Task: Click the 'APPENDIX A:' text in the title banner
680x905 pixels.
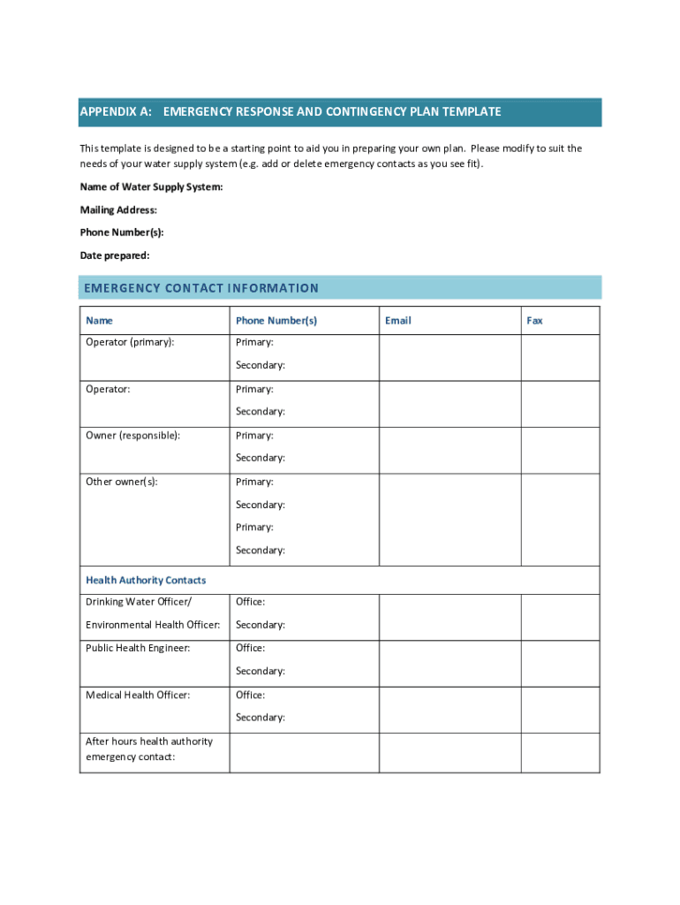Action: (116, 112)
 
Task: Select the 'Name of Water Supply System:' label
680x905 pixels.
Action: (151, 187)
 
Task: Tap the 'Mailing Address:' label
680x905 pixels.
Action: (118, 210)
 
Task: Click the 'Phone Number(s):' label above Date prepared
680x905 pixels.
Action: (122, 232)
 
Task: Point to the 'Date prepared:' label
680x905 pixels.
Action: (115, 255)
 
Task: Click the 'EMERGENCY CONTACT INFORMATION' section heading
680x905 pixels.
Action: (201, 288)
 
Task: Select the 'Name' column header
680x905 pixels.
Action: (99, 321)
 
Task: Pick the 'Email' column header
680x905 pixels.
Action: (398, 321)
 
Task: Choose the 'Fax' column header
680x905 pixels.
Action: (534, 321)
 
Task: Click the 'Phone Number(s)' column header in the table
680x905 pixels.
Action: (276, 321)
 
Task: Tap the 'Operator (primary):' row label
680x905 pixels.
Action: (130, 342)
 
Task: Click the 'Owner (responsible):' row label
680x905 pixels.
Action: (132, 436)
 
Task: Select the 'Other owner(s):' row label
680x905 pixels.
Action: (122, 482)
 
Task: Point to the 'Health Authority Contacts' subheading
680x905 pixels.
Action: (146, 581)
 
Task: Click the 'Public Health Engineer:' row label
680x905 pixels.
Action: (138, 648)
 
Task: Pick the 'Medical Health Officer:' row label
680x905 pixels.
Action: (138, 695)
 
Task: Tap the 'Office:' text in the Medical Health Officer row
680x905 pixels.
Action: (250, 695)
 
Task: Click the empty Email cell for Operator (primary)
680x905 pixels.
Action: (450, 357)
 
